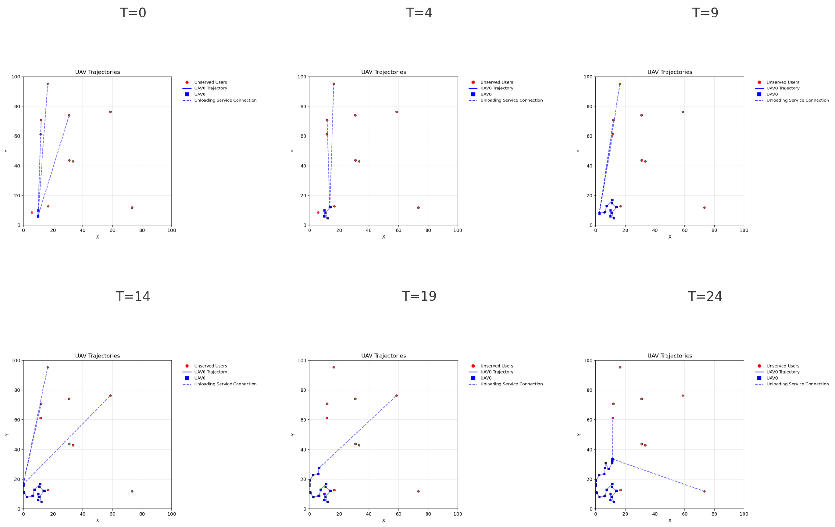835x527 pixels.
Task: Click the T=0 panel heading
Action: coord(133,13)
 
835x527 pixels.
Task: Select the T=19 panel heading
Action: coord(419,296)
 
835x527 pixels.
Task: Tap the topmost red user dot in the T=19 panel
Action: coord(334,367)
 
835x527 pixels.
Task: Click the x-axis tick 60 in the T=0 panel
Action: coord(112,230)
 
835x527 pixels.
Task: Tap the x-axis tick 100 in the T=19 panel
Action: coord(458,514)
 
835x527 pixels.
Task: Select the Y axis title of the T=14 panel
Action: coord(7,435)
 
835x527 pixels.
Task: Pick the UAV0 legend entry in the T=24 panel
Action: coord(772,378)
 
